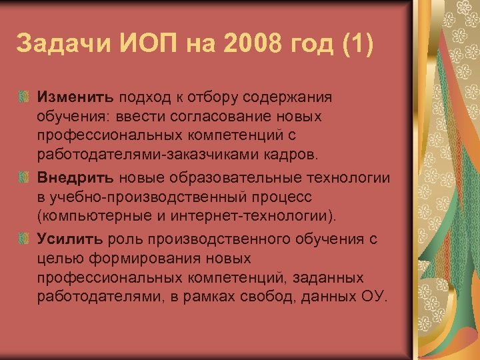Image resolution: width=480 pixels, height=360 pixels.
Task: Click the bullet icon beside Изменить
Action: [x=24, y=97]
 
